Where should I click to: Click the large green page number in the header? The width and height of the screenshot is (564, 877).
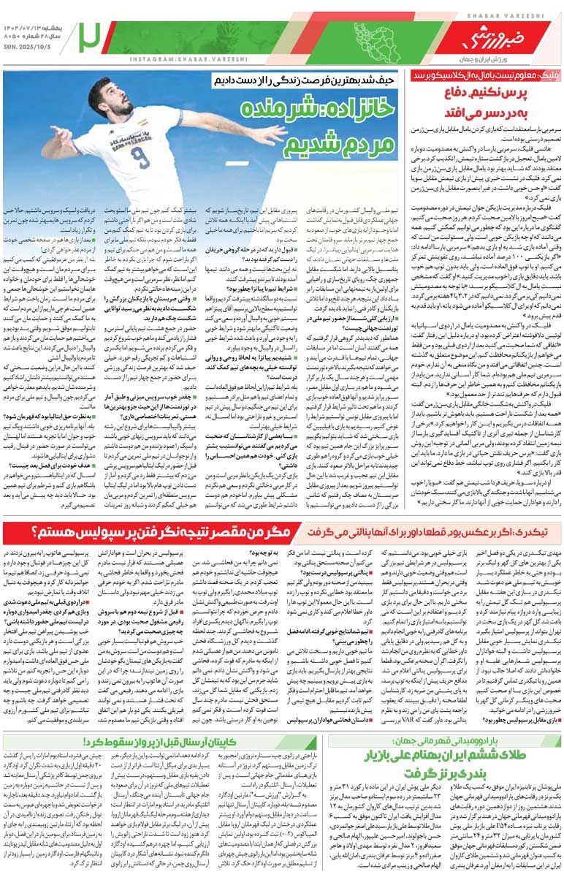coord(91,34)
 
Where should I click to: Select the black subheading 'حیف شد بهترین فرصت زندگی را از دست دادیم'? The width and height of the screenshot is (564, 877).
coord(313,77)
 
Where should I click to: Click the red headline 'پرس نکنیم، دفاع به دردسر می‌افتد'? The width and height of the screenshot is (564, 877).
coord(489,102)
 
